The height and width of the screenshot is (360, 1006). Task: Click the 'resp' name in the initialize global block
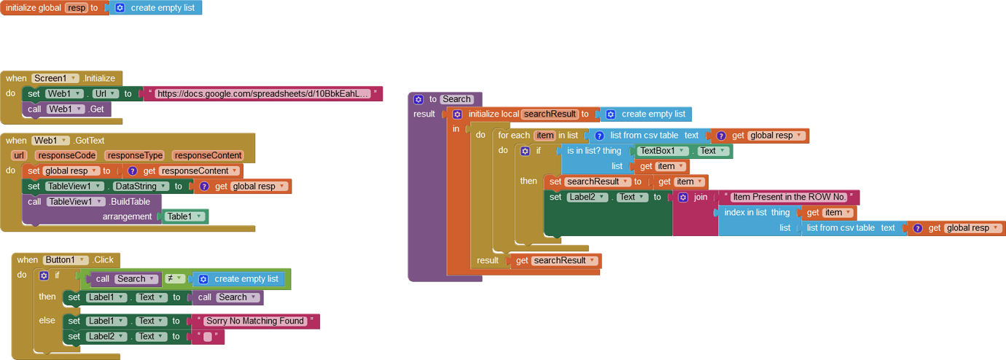coord(76,7)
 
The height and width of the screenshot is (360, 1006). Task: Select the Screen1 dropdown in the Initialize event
coord(54,78)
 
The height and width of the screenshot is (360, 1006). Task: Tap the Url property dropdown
coord(105,93)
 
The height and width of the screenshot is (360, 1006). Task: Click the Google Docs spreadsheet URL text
coord(262,93)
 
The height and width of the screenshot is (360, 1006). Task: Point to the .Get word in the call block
coord(96,109)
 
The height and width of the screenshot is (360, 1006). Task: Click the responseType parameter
coord(134,155)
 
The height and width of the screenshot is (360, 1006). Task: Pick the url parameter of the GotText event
coord(18,155)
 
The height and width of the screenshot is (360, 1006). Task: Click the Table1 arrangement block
coord(184,216)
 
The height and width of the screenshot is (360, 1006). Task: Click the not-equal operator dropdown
coord(174,278)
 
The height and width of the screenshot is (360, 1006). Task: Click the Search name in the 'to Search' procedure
coord(456,99)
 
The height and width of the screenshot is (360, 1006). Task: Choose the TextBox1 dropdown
coord(663,151)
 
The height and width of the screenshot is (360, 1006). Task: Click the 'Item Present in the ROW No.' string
coord(789,197)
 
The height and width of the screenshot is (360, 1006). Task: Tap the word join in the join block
coord(701,197)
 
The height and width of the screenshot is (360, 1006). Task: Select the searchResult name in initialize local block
coord(550,114)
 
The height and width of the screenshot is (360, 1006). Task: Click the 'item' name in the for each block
coord(545,136)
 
